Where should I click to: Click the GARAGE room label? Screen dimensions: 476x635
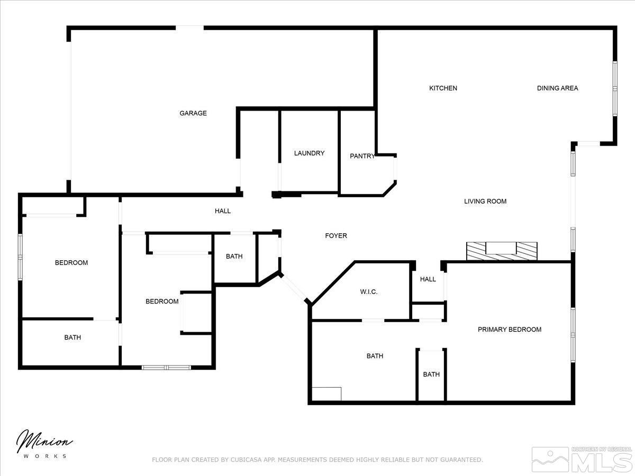click(193, 113)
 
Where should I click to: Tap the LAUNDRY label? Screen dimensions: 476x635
click(310, 153)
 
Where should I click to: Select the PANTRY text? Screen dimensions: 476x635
click(362, 156)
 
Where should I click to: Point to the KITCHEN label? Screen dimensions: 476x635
click(443, 88)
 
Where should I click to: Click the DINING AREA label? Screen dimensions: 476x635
click(557, 88)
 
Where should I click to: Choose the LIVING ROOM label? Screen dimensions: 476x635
click(485, 202)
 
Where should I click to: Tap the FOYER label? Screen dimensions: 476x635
click(336, 236)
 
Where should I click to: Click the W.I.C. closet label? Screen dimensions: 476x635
click(368, 292)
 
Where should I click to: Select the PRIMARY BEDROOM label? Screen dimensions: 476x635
click(510, 329)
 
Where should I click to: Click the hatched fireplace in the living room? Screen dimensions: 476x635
click(501, 251)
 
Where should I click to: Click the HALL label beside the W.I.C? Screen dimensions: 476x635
click(428, 279)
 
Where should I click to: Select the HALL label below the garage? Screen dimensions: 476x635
click(223, 211)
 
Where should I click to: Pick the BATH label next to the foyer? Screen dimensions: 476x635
click(234, 257)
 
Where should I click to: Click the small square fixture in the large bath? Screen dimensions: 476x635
click(326, 394)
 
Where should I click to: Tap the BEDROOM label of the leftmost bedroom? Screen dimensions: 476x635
click(71, 263)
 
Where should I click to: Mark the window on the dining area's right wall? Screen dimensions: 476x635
click(615, 88)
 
